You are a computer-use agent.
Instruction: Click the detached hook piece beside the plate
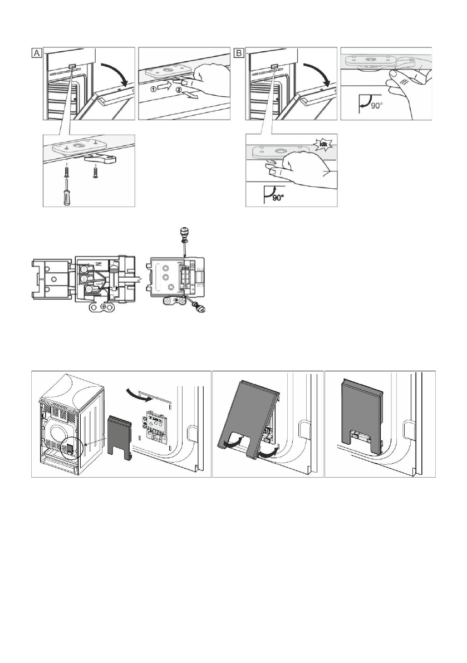pos(104,161)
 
